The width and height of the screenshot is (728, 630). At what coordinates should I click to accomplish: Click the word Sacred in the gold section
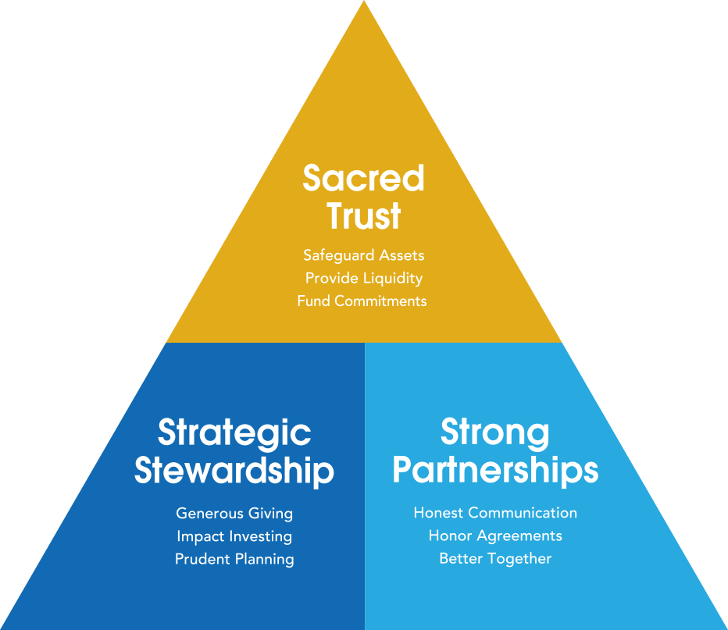pyautogui.click(x=363, y=179)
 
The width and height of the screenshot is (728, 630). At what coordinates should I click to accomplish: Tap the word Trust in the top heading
pyautogui.click(x=364, y=215)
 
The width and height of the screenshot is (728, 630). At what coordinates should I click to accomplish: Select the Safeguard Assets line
pyautogui.click(x=363, y=255)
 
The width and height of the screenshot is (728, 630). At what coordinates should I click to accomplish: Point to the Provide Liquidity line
pyautogui.click(x=363, y=278)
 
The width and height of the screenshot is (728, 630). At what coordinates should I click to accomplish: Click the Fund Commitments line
pyautogui.click(x=362, y=301)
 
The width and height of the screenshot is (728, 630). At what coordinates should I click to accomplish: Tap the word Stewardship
pyautogui.click(x=234, y=471)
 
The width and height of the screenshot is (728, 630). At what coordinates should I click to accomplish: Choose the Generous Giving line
pyautogui.click(x=234, y=514)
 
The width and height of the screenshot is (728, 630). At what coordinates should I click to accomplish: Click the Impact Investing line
pyautogui.click(x=234, y=536)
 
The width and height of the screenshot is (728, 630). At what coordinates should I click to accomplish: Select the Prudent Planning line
pyautogui.click(x=234, y=559)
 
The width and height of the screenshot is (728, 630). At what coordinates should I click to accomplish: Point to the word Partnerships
pyautogui.click(x=495, y=471)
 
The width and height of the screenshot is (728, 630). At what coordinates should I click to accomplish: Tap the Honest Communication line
pyautogui.click(x=495, y=513)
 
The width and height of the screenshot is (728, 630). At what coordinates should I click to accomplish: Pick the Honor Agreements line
pyautogui.click(x=495, y=536)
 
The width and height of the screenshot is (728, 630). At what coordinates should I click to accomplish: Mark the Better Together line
pyautogui.click(x=495, y=558)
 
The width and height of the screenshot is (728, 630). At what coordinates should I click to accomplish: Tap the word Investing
pyautogui.click(x=261, y=536)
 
